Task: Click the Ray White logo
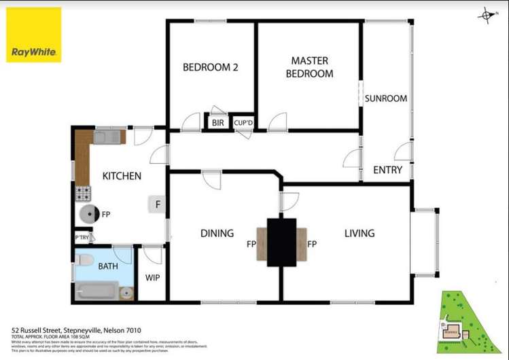pos(34,35)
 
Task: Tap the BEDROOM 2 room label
pos(210,67)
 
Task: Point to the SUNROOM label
pos(385,98)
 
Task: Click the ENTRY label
pos(387,170)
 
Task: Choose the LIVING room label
pos(359,234)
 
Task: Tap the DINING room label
pos(217,234)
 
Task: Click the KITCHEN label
pos(122,177)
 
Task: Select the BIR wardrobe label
pos(217,123)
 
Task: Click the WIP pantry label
pos(152,278)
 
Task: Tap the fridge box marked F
pos(158,204)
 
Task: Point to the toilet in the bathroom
pos(84,261)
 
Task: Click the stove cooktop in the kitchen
pos(83,194)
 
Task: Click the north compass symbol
pos(487,15)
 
